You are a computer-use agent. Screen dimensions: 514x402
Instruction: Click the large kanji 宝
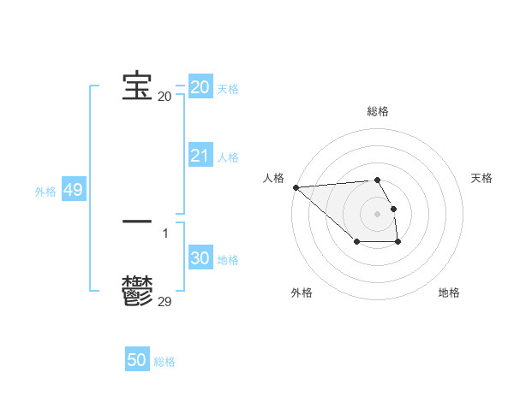137,86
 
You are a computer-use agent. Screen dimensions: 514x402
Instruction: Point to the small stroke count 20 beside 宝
164,97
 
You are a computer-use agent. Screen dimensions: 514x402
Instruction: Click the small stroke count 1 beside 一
165,233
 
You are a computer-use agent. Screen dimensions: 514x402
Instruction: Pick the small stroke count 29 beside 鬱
164,301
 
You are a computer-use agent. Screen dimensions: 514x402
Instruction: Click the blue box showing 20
200,87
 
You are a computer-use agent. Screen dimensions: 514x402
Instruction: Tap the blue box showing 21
200,156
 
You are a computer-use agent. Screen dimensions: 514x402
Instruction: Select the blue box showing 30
200,258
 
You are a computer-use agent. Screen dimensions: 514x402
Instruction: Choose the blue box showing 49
73,190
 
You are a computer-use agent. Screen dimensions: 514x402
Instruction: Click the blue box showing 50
137,360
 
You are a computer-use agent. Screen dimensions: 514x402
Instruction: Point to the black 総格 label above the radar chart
378,111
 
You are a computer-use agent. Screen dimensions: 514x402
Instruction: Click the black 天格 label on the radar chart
481,178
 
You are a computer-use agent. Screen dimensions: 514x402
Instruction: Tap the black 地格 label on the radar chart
449,293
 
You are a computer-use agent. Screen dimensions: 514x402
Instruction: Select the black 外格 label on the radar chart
302,293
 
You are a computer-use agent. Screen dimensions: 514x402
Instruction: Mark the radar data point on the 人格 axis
296,187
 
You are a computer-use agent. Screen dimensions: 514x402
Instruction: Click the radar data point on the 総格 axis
377,180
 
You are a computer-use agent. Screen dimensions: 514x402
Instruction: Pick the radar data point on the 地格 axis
398,243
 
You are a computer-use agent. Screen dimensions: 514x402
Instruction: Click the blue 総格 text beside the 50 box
164,362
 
